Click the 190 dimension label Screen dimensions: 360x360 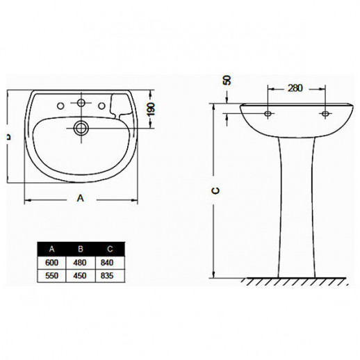pos(151,109)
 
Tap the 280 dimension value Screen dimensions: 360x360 pos(295,88)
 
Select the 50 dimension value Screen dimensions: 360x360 pos(227,80)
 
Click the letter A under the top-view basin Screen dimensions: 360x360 pos(81,198)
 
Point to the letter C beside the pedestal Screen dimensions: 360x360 pos(216,190)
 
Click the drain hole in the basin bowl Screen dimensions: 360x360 pos(81,128)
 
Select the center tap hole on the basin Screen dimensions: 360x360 pos(81,102)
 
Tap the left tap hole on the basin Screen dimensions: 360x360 pos(60,106)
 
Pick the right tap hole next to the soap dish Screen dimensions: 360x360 pos(101,106)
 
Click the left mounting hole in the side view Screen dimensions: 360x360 pos(268,113)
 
